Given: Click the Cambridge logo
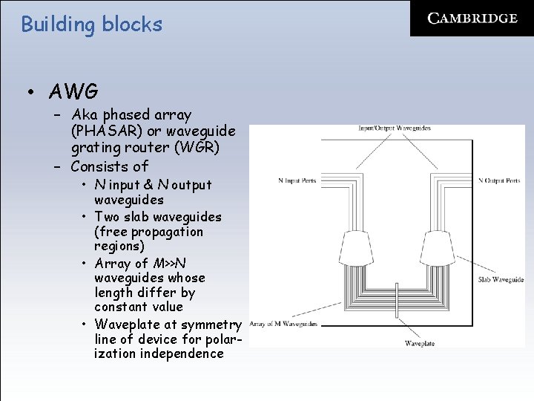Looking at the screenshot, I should (472, 19).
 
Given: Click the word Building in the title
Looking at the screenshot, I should (55, 25).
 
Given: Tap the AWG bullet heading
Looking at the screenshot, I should (73, 92).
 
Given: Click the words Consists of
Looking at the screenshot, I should (109, 166).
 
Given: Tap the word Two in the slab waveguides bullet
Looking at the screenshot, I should (107, 217).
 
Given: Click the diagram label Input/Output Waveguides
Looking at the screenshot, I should (394, 128).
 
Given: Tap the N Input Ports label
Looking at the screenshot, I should (297, 180).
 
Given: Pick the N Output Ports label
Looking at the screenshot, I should (499, 180).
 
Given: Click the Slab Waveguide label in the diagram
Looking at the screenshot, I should (501, 280).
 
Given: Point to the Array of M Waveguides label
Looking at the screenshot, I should (283, 324).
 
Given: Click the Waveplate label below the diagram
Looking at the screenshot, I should (421, 344).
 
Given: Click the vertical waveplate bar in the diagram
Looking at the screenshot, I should (398, 306).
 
